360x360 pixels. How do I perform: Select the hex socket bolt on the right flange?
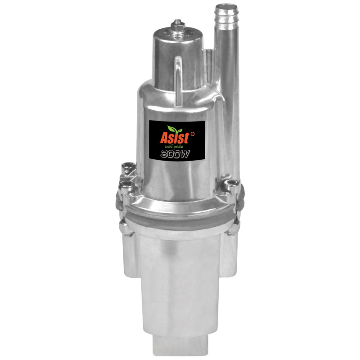232,183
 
